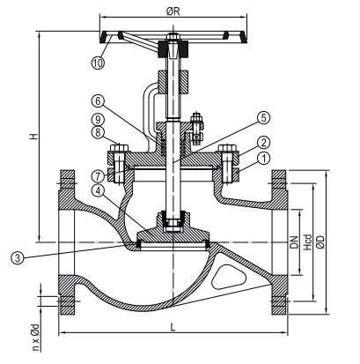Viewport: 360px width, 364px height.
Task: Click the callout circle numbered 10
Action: (97, 63)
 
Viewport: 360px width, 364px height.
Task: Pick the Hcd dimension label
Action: (309, 241)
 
